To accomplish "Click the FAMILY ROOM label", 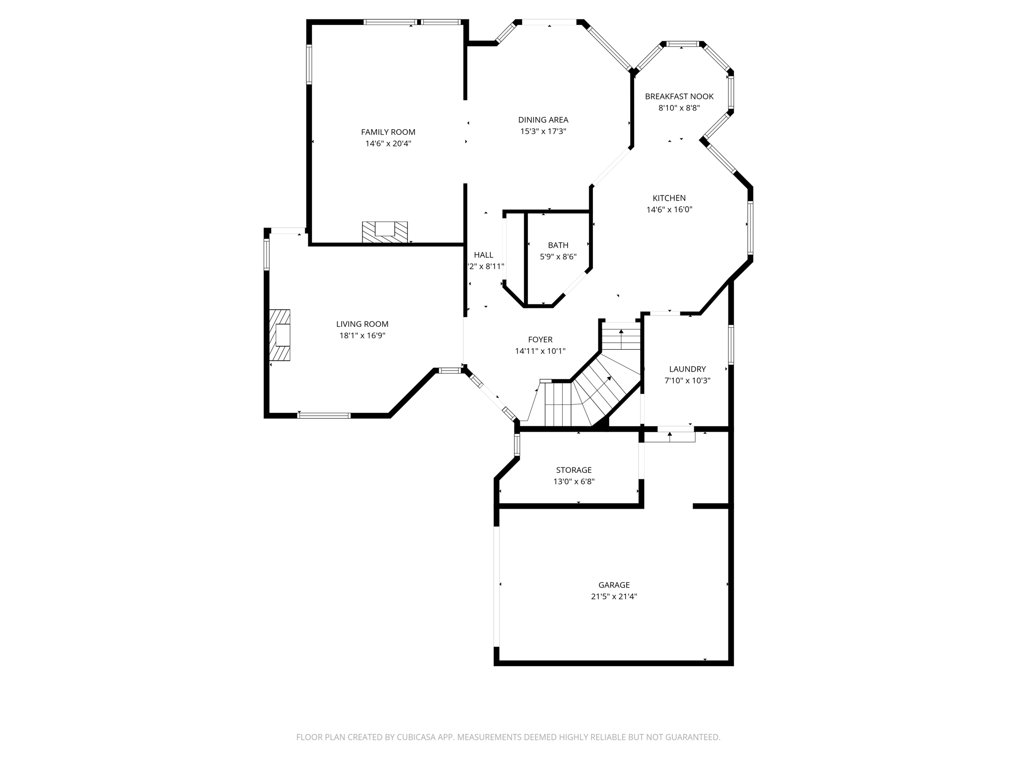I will [388, 132].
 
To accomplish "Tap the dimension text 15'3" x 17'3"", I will [543, 132].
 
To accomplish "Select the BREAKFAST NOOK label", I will [679, 96].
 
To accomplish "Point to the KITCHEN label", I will [669, 198].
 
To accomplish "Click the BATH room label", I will [558, 245].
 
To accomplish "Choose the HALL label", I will [483, 255].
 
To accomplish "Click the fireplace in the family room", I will [384, 231].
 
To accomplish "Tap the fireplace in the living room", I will [280, 335].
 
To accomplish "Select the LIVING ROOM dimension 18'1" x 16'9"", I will [362, 336].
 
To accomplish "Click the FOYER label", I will [540, 340].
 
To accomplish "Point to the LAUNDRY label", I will [687, 369].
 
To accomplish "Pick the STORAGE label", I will [574, 470].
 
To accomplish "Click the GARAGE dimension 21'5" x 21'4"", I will [614, 597].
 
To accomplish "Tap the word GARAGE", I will [614, 585].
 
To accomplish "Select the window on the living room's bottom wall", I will [324, 415].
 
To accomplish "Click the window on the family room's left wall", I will [309, 64].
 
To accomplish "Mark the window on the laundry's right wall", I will [730, 344].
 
